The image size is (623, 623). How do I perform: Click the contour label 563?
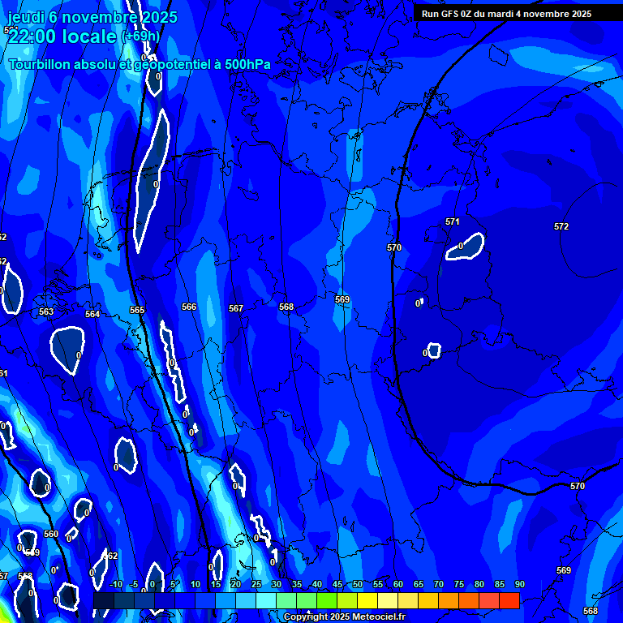[46, 311]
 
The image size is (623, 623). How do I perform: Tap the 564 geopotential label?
[92, 314]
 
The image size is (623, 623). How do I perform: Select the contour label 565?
[137, 310]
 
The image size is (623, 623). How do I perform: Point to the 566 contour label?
[189, 307]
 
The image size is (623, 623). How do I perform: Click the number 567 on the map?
[236, 308]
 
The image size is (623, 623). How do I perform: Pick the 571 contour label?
[453, 221]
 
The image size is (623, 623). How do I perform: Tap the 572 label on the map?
[561, 226]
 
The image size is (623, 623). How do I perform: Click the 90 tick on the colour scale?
[519, 584]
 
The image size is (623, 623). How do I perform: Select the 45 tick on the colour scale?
[337, 584]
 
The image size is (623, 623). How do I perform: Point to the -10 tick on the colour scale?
[115, 584]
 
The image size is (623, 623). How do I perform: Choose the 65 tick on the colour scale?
[419, 584]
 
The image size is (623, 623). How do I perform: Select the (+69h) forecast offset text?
[140, 37]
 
